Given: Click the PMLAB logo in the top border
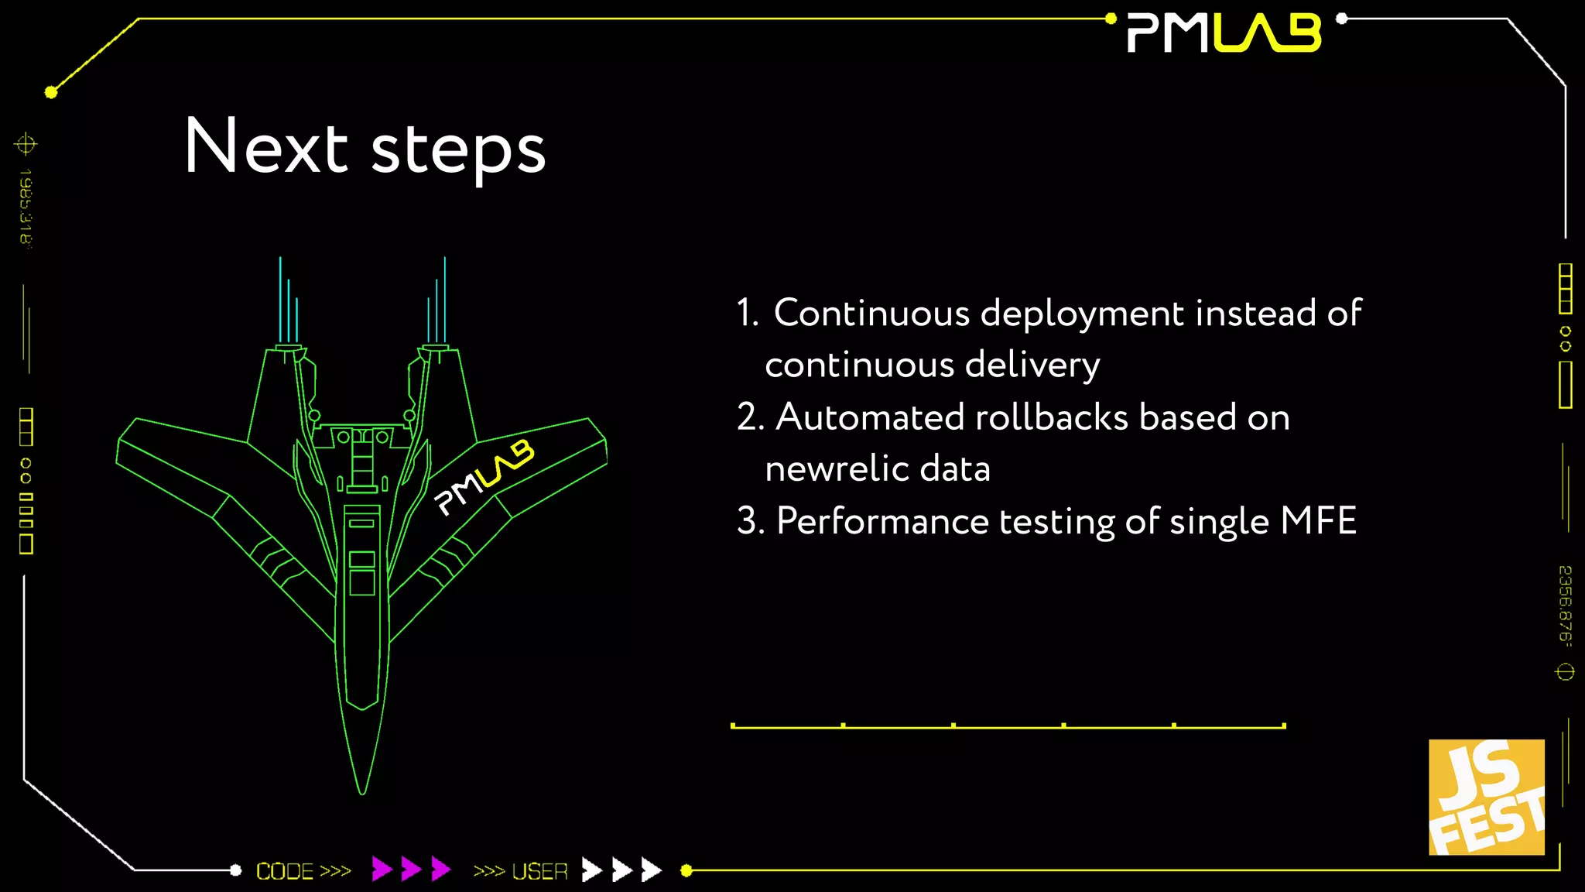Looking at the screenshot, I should click(1224, 33).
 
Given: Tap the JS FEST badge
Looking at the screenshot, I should click(1486, 797).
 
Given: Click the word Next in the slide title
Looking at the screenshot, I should click(266, 146).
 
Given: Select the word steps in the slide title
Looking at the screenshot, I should click(459, 151).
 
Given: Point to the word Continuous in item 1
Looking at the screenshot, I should click(871, 314).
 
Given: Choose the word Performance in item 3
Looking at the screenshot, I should click(882, 521).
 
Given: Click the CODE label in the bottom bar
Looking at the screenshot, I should click(285, 871).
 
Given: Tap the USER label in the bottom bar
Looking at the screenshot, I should click(539, 871).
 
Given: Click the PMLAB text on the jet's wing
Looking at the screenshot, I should click(484, 477).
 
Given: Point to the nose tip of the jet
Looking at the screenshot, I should click(362, 791).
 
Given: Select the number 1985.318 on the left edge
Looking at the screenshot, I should click(26, 206).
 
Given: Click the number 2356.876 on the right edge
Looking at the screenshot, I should click(1565, 605).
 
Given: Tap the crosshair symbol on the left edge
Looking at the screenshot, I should click(26, 144).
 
